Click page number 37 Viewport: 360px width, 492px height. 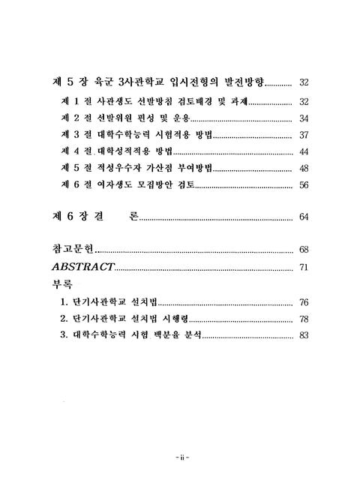coord(304,135)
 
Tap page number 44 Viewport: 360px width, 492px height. coord(304,151)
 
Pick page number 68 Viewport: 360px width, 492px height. coord(304,249)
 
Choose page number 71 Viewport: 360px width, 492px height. coord(304,267)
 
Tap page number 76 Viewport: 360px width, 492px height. coord(304,303)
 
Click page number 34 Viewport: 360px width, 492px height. coord(304,118)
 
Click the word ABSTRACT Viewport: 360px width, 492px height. coord(82,267)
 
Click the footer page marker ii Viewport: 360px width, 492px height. coord(179,456)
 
